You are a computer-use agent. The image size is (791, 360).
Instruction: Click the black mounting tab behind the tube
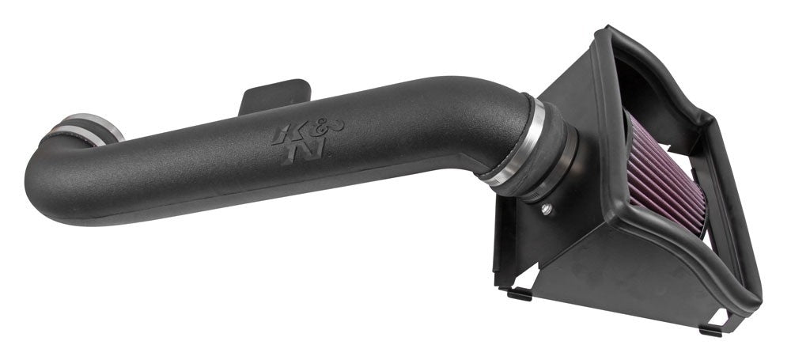coord(269,95)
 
